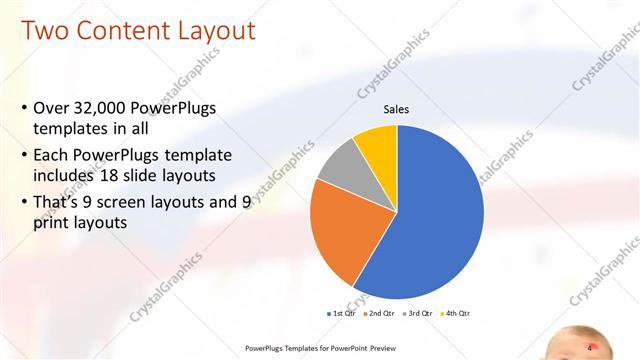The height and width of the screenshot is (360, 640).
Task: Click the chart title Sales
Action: (397, 111)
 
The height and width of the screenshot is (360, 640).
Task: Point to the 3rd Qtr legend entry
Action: (417, 313)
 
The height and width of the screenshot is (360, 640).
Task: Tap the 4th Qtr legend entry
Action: (455, 313)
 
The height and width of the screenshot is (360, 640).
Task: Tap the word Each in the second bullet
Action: (53, 157)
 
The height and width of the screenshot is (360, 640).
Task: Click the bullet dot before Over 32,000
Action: (23, 108)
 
